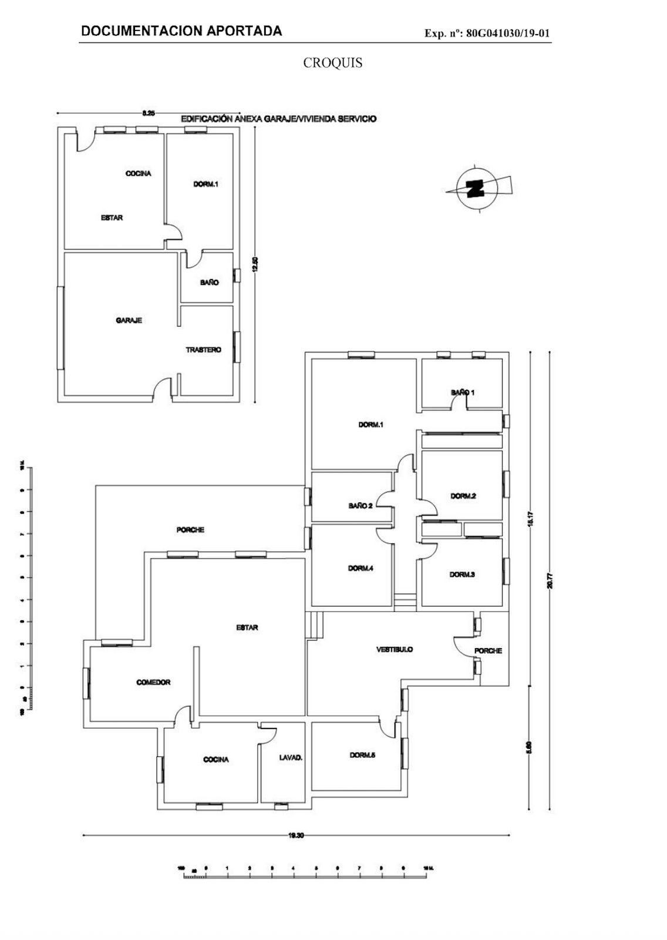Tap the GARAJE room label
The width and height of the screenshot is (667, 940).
point(129,321)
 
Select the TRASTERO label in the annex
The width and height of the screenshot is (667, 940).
point(204,350)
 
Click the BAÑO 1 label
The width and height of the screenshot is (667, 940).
point(463,392)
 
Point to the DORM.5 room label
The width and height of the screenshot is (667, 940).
point(362,756)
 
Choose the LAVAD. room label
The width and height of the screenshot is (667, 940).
point(291,758)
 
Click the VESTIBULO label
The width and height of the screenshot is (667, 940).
point(395,650)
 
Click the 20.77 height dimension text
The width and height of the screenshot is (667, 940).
point(550,580)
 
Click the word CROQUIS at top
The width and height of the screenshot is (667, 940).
point(332,63)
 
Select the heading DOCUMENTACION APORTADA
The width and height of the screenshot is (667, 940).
point(181,31)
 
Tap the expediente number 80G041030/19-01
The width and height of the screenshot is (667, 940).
point(508,33)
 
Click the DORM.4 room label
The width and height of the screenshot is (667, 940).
point(360,569)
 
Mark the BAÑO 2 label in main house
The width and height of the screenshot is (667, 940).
point(360,506)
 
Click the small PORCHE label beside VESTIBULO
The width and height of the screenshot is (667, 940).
point(488,651)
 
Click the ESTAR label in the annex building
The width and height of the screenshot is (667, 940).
point(112,218)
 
